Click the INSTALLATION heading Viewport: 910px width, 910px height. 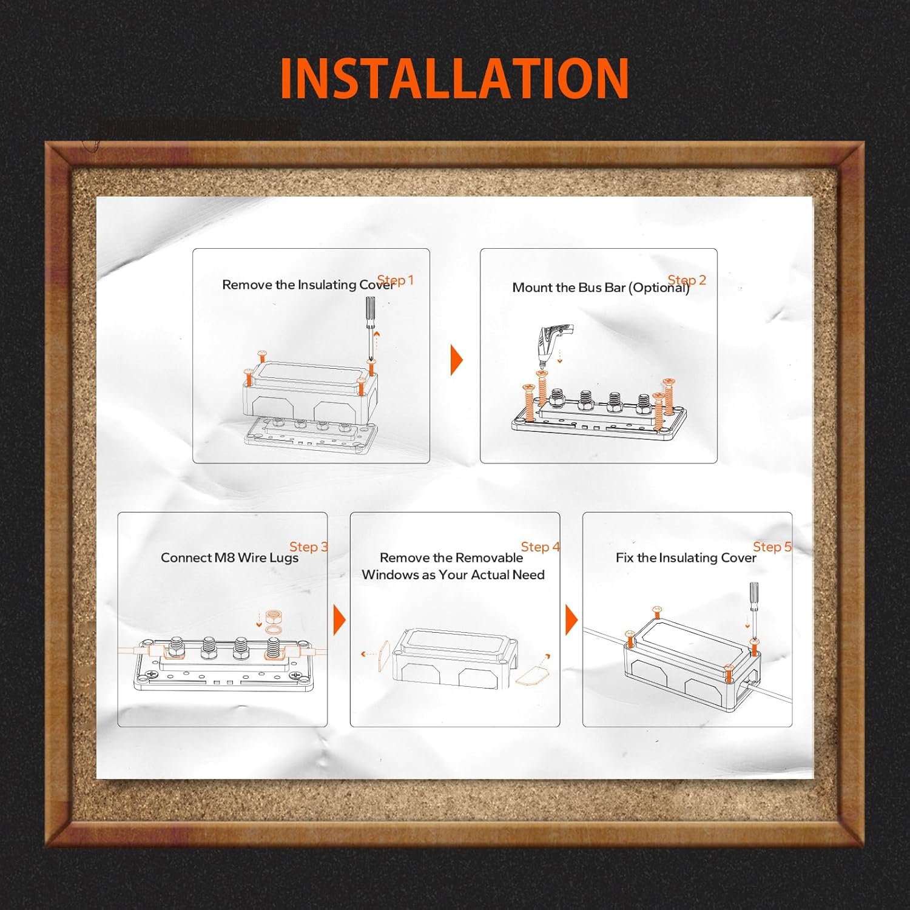(454, 78)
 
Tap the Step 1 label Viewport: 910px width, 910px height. (396, 280)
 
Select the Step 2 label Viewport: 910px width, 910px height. (687, 280)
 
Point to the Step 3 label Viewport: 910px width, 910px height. (308, 547)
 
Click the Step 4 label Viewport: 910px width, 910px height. (540, 547)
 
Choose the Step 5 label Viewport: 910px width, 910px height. (772, 547)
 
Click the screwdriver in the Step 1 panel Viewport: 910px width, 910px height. (369, 318)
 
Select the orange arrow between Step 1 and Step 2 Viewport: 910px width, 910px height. (456, 360)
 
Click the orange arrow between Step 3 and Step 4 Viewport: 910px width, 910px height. (339, 620)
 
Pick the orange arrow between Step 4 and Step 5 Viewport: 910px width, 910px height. (571, 620)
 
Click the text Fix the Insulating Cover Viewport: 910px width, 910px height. (686, 558)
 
